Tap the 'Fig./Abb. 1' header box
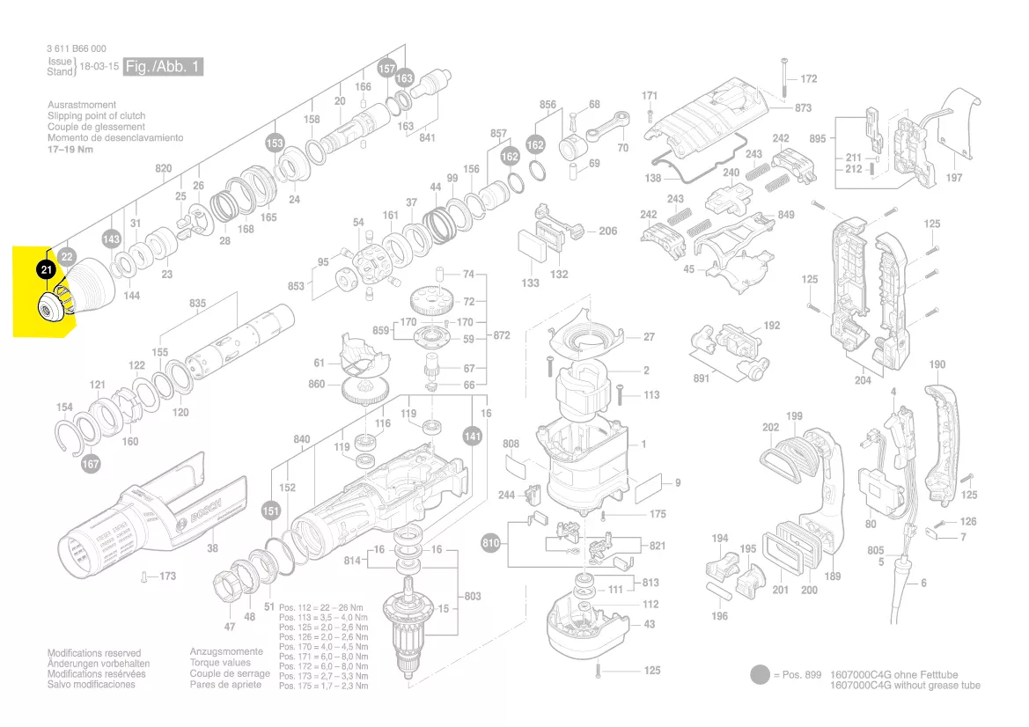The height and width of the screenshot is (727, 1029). (x=164, y=67)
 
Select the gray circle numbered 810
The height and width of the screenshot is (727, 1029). (x=491, y=543)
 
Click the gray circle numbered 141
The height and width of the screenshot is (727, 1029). (x=473, y=435)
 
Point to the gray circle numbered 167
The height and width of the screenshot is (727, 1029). (x=91, y=463)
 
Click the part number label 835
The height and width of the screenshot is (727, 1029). (x=197, y=304)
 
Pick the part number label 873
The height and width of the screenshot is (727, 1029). (x=803, y=108)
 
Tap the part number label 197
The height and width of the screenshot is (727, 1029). (x=954, y=178)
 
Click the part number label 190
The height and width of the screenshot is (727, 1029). (x=937, y=364)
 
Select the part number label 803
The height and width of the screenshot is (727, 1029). (x=473, y=597)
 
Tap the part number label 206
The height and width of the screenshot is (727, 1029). (x=608, y=231)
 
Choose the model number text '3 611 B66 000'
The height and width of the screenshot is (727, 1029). (x=77, y=49)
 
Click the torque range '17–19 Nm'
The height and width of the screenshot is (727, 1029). (x=70, y=150)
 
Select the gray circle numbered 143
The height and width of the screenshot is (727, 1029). (x=111, y=239)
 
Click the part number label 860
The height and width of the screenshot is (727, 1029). (x=316, y=385)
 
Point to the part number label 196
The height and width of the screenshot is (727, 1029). (x=719, y=616)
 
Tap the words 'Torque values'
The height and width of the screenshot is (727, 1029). (x=220, y=663)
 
